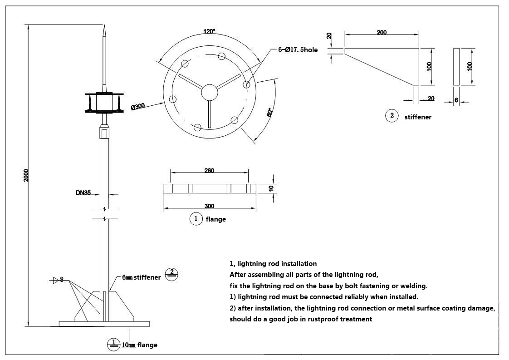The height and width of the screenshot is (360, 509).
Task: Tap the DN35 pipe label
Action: point(83,192)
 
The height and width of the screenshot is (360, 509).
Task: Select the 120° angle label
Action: point(209,31)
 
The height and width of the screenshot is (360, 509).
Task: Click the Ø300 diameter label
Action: point(137,107)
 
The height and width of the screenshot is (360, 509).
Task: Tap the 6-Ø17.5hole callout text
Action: point(298,50)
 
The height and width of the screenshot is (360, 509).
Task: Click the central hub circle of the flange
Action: point(210,92)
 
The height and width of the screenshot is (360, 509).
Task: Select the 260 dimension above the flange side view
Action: point(209,171)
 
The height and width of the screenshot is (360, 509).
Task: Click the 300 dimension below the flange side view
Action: point(209,206)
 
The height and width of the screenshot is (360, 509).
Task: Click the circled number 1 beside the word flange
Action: point(196,219)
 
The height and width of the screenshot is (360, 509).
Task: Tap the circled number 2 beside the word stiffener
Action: point(392,116)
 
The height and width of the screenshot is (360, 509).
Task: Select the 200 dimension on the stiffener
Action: point(382,33)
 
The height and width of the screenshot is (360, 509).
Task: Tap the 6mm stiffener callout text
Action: point(141,277)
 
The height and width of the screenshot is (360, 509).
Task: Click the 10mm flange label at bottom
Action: point(139,345)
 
